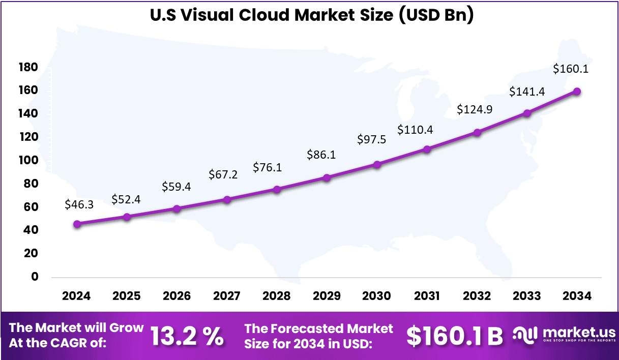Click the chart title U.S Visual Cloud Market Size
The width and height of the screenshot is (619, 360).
coord(311,15)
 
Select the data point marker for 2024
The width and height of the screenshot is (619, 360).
coord(77,224)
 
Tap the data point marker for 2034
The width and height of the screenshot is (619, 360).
coord(577,92)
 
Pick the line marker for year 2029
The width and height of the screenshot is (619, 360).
coord(327,178)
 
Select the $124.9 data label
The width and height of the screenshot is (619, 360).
coord(474,109)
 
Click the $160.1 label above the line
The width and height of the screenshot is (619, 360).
coord(571,69)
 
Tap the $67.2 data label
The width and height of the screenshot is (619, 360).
coord(223,174)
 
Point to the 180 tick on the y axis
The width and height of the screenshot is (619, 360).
coord(28,67)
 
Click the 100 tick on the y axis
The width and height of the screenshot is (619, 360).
coord(28,160)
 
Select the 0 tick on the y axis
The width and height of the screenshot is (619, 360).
coord(35,277)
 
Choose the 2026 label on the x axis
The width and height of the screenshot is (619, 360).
coord(176,296)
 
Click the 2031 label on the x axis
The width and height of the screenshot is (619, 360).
coord(427,296)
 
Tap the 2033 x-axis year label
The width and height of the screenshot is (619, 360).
coord(527,296)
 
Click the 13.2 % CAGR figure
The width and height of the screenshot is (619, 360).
coord(187,336)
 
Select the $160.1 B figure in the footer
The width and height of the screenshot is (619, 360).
coord(455,336)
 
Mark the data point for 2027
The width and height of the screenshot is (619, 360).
coord(227,200)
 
